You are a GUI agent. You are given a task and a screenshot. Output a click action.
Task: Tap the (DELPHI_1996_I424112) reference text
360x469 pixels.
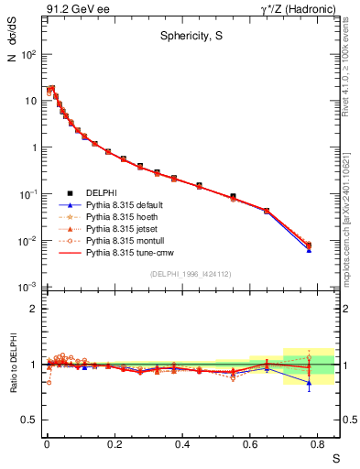190,274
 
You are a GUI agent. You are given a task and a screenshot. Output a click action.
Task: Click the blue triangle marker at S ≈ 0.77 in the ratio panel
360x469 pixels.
309,384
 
